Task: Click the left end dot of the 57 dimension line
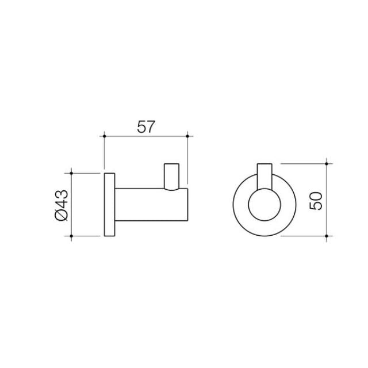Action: (x=104, y=136)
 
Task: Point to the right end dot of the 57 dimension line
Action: (x=187, y=136)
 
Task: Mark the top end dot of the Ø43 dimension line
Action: (x=71, y=172)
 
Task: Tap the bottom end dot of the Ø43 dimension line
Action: (x=71, y=236)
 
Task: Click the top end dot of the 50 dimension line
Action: (x=327, y=163)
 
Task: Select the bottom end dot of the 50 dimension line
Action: (x=327, y=236)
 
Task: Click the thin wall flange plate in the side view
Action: (x=109, y=204)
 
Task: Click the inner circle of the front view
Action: (x=265, y=205)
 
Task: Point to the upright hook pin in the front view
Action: (x=265, y=175)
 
